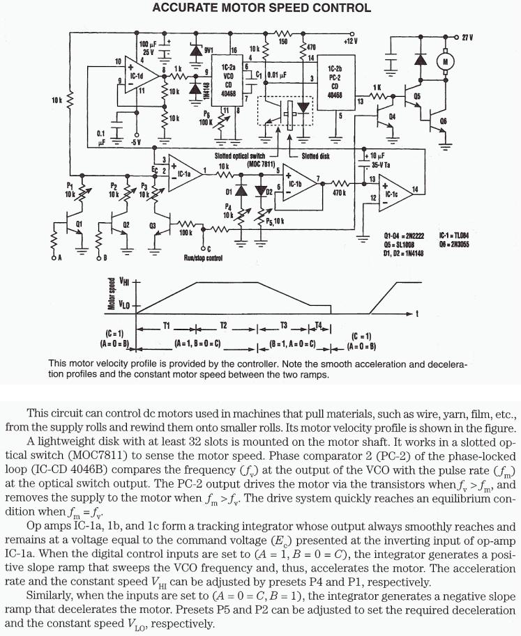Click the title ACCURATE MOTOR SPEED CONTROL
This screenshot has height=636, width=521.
[261, 8]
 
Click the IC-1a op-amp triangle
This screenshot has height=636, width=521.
[184, 172]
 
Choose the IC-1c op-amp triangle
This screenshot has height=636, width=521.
[390, 190]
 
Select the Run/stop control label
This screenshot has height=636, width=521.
[204, 257]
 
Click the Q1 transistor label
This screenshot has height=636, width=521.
[78, 224]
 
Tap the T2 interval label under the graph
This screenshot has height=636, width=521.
[224, 325]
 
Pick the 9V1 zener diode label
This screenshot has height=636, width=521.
[209, 49]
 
